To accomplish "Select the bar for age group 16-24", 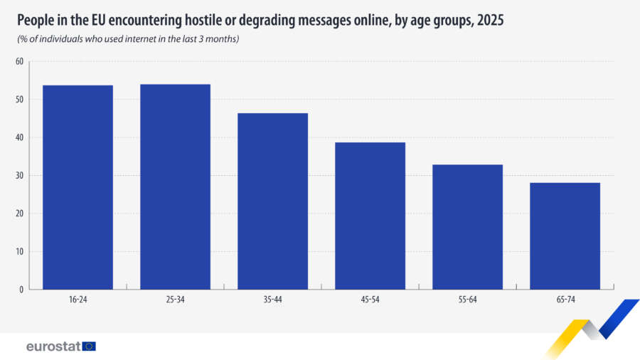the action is pyautogui.click(x=78, y=187).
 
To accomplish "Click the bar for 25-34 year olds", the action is pyautogui.click(x=175, y=187).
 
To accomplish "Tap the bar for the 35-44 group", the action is pyautogui.click(x=272, y=201).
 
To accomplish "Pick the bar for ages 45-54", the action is pyautogui.click(x=370, y=216).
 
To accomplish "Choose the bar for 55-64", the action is pyautogui.click(x=468, y=227).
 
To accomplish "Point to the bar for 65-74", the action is pyautogui.click(x=565, y=236).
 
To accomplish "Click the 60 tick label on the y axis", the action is pyautogui.click(x=20, y=61).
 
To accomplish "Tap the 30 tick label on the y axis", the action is pyautogui.click(x=20, y=176).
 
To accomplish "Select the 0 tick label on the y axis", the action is pyautogui.click(x=21, y=290).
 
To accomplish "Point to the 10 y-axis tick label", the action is pyautogui.click(x=20, y=252).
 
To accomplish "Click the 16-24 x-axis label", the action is pyautogui.click(x=78, y=300).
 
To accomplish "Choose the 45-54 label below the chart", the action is pyautogui.click(x=370, y=300).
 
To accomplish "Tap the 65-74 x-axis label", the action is pyautogui.click(x=565, y=300).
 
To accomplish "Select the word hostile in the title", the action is pyautogui.click(x=204, y=20).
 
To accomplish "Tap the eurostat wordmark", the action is pyautogui.click(x=53, y=346).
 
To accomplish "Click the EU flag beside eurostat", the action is pyautogui.click(x=89, y=346).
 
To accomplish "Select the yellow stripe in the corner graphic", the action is pyautogui.click(x=567, y=339).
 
